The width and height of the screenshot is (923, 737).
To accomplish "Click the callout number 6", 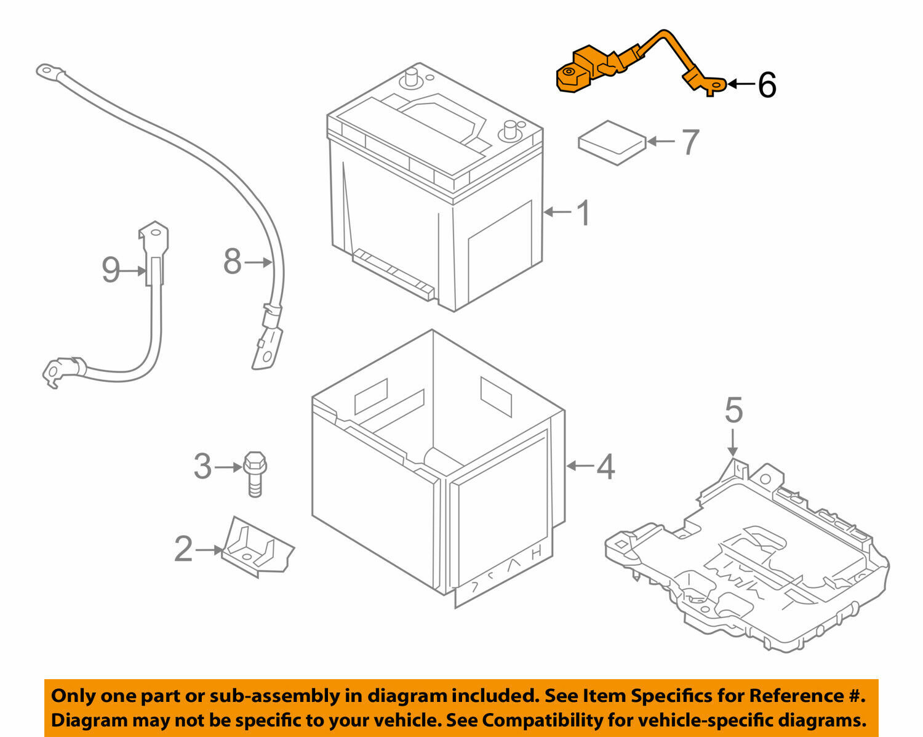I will (767, 84).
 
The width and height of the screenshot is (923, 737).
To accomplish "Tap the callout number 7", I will (690, 142).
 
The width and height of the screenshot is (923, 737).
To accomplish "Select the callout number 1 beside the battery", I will (582, 213).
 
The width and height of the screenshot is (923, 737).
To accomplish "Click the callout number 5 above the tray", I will (733, 410).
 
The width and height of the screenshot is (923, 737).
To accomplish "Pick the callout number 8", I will (232, 262).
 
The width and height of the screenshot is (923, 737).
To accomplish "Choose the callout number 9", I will (110, 270).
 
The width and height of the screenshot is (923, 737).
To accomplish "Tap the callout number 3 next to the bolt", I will (202, 467).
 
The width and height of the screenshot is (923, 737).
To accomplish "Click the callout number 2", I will (183, 549).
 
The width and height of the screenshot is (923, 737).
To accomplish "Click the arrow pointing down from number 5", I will (733, 444).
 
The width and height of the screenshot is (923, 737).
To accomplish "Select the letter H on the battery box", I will (537, 553).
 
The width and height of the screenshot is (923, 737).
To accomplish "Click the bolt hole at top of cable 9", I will (155, 233).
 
